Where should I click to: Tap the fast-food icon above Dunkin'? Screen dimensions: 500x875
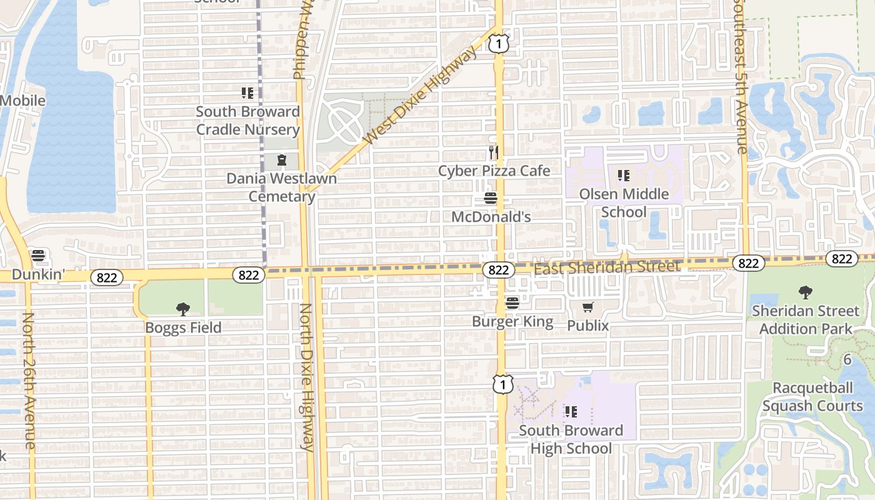(38, 256)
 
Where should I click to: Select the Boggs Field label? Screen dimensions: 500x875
(183, 327)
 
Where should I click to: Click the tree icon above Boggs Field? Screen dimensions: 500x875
(183, 309)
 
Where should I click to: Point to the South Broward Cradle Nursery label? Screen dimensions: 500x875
(248, 121)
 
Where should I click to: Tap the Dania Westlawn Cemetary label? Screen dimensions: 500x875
(281, 187)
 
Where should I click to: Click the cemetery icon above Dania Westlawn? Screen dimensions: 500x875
(282, 161)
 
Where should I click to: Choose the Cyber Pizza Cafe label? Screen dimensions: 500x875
(494, 171)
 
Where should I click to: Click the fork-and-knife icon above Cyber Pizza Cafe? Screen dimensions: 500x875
(494, 152)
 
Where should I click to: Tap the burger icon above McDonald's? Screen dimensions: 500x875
(491, 199)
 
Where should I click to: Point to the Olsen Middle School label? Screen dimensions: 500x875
(624, 203)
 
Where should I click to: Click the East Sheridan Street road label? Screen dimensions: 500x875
(606, 267)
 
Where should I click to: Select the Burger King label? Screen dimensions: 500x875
(512, 322)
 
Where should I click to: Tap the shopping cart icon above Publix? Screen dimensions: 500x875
(587, 307)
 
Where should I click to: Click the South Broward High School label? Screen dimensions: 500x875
(571, 439)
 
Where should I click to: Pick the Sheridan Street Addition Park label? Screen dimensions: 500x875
(806, 319)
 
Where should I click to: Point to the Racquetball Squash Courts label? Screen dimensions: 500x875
(812, 397)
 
